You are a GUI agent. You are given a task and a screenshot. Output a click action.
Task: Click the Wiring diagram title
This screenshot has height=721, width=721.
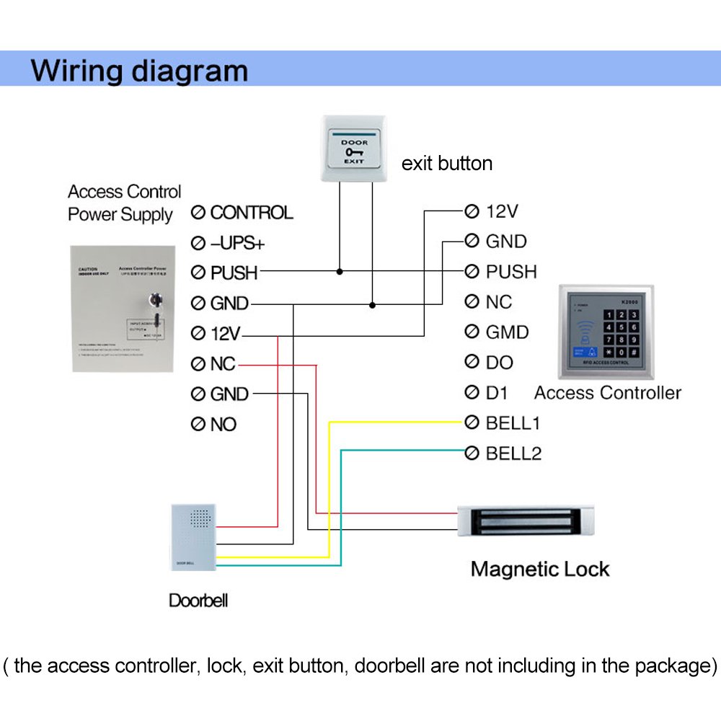[x=139, y=71]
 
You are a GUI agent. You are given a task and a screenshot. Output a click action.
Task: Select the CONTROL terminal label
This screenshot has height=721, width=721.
[x=251, y=213]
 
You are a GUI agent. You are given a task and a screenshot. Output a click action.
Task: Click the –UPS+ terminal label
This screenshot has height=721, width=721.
[x=237, y=243]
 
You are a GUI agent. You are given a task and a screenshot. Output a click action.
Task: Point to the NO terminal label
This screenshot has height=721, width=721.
[x=223, y=425]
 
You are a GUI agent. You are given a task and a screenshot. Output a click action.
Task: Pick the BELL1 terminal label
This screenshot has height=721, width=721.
[x=513, y=423]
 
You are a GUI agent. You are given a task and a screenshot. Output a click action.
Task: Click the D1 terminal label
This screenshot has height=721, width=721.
[x=497, y=393]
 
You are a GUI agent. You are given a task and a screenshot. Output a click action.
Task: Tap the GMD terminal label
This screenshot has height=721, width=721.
[x=507, y=332]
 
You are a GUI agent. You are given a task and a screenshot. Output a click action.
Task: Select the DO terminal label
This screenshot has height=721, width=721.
[x=498, y=363]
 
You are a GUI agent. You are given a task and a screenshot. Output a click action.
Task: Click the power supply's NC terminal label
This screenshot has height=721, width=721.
[x=223, y=364]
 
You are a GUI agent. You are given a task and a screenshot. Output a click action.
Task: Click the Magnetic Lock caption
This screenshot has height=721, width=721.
[x=540, y=569]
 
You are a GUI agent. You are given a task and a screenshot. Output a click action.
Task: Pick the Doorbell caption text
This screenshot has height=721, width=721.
[x=198, y=600]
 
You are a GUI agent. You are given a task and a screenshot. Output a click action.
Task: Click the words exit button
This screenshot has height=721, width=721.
[x=447, y=164]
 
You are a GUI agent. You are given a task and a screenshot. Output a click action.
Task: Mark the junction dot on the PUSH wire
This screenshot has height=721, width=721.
[x=339, y=272]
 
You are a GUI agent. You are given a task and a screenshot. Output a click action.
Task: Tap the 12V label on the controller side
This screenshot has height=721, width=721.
[x=502, y=211]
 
